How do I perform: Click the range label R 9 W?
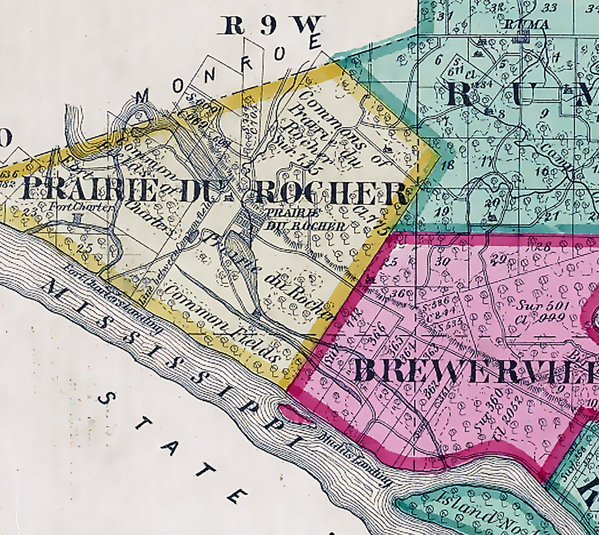(272, 26)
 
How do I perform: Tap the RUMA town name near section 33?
(520, 24)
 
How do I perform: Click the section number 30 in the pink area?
(444, 262)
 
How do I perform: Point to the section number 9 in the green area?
(545, 113)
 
